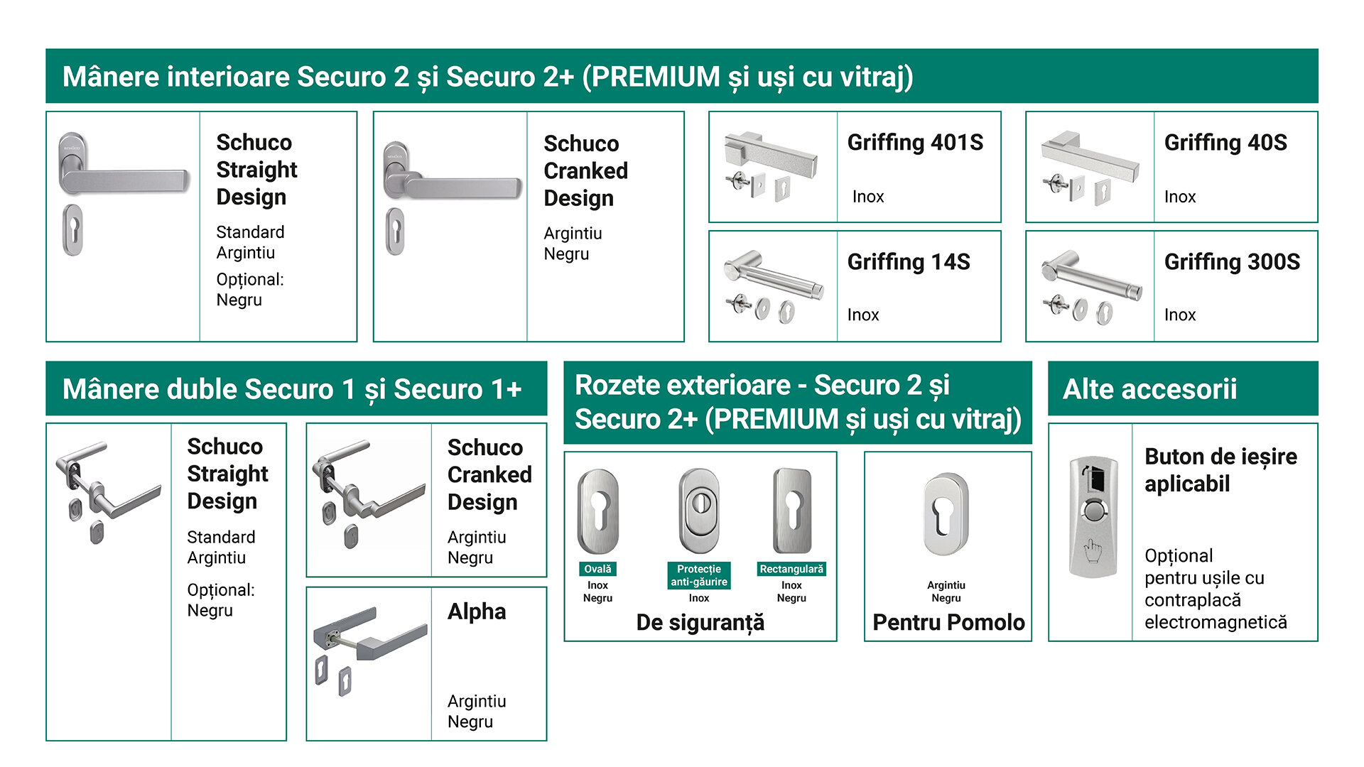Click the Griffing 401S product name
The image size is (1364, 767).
coord(915,143)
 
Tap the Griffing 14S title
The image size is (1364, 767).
coord(909,262)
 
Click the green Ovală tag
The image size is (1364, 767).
coord(597,569)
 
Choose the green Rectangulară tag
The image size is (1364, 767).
coord(791,569)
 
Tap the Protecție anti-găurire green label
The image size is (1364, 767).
coord(699,575)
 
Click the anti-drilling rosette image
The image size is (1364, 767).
coord(699,511)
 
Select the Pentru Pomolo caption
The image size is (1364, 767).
coord(948,622)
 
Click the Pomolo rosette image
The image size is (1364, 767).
coord(946,514)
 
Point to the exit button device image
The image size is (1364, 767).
coord(1093,516)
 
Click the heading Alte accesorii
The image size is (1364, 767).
coord(1149,389)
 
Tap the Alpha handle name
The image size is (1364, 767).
coord(477,611)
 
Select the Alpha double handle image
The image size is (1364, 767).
coord(369,651)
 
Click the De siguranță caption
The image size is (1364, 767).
coord(700,623)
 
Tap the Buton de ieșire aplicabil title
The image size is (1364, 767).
coord(1220,470)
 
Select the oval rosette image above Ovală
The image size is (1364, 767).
coord(598,511)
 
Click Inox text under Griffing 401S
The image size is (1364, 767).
coord(868,197)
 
